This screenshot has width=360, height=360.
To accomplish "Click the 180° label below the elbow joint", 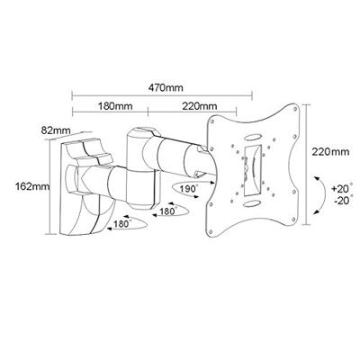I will coord(165,212).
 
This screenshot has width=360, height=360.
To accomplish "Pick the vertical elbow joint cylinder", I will coord(144,157).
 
